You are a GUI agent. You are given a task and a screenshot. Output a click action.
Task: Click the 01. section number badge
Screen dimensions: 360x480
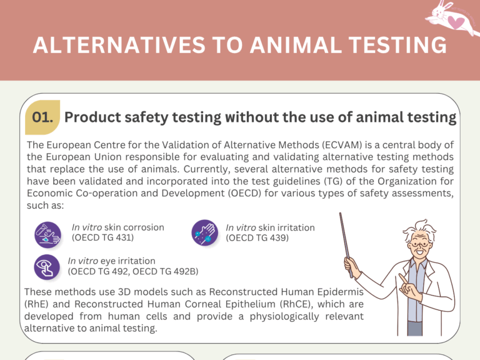coord(42,117)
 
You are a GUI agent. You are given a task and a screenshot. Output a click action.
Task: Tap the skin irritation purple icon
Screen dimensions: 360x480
coord(204,232)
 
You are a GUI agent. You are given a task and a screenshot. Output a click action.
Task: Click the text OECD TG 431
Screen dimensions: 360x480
coord(102,237)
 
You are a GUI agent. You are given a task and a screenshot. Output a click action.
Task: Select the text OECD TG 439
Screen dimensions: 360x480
coord(257,237)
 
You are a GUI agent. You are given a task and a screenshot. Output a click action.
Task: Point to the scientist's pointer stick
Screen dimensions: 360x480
coord(347,244)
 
